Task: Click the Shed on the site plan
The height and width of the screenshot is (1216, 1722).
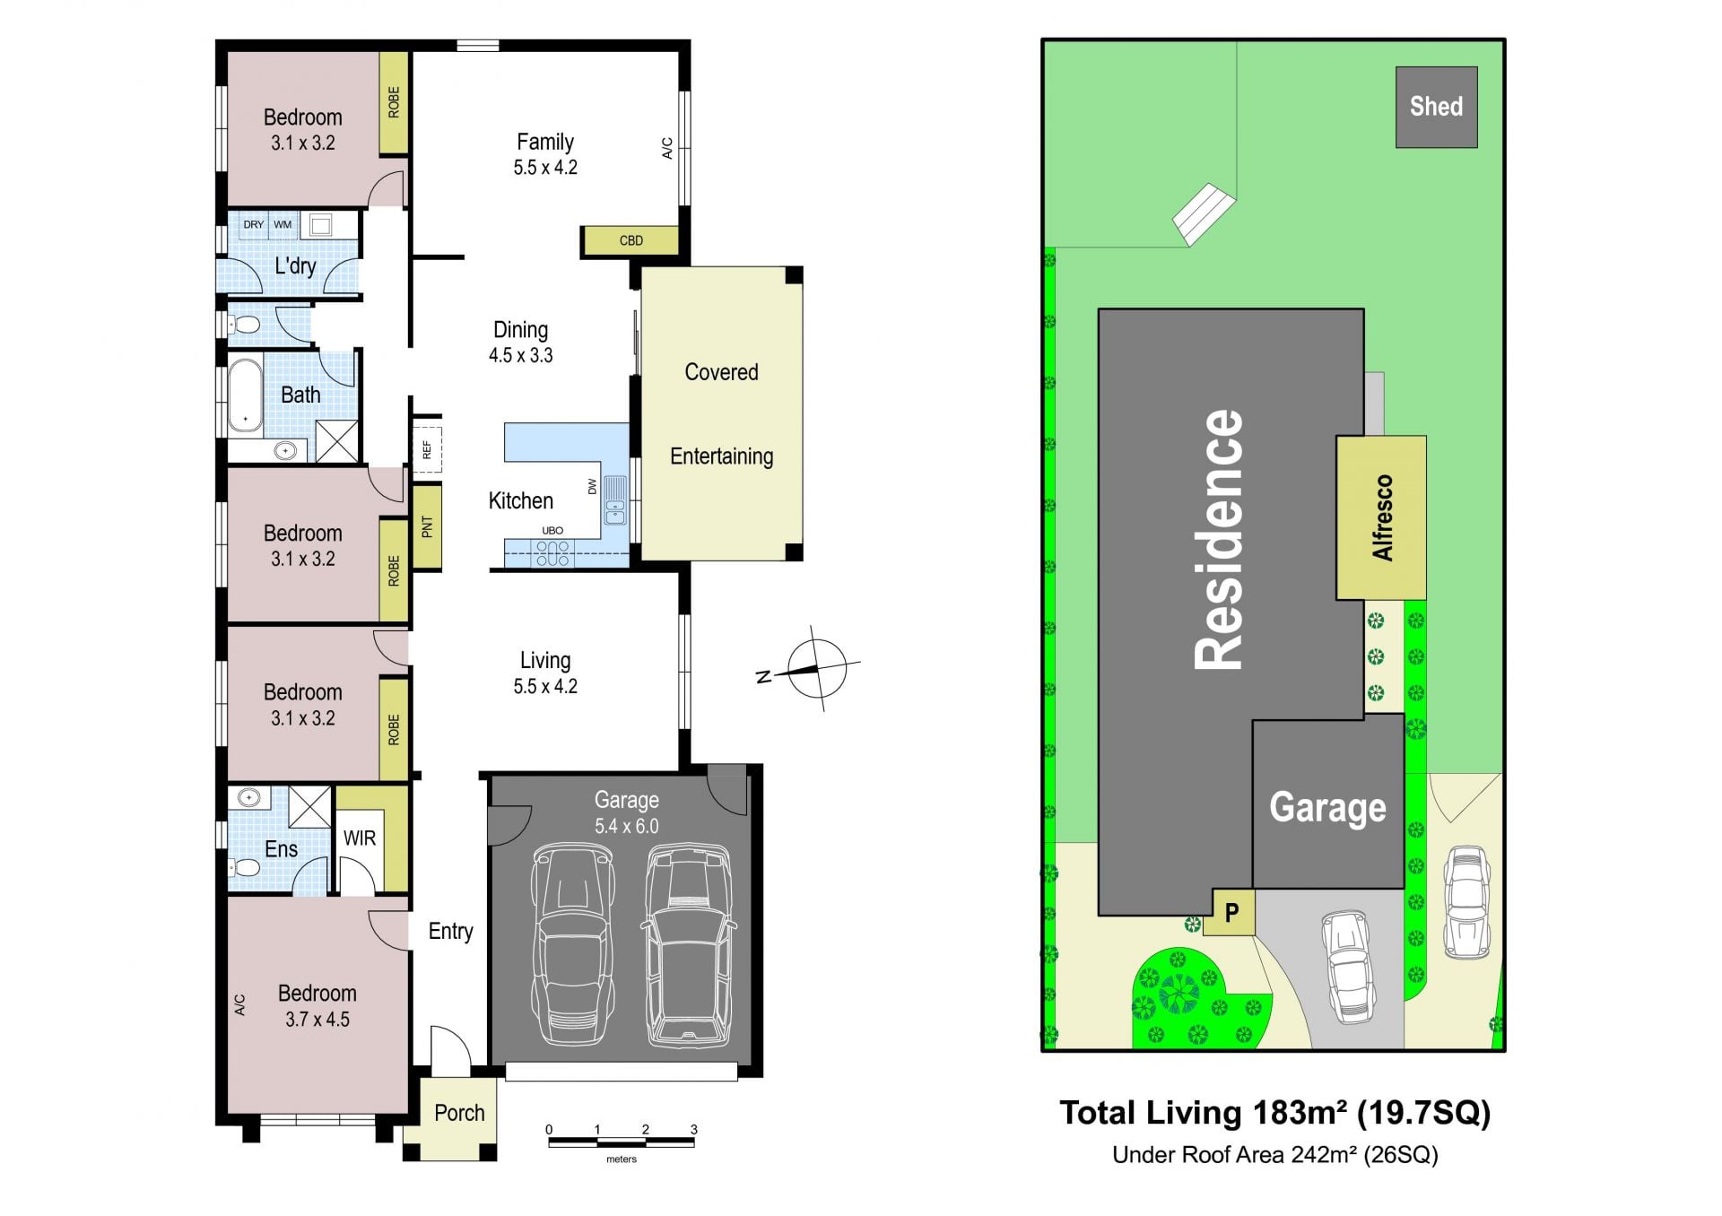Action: [1436, 107]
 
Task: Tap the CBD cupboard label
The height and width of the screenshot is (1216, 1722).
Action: [631, 240]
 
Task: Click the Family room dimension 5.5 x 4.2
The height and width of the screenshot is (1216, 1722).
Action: [545, 168]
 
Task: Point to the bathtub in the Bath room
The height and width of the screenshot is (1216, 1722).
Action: [245, 395]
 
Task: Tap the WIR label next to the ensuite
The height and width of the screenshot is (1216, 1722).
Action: [360, 838]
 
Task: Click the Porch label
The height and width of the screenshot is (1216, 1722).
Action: [459, 1113]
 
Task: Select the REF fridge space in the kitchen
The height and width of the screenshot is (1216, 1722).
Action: [427, 447]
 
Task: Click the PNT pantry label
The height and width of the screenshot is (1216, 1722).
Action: [427, 526]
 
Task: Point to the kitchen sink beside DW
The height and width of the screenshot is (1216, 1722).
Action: [615, 500]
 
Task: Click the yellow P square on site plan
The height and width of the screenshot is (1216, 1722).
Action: [1231, 913]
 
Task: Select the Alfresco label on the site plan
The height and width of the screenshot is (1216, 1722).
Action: [1382, 517]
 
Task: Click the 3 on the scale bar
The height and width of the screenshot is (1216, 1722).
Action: [694, 1129]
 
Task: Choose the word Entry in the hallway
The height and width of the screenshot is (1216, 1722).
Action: [450, 932]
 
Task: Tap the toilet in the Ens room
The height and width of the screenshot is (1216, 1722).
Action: [243, 867]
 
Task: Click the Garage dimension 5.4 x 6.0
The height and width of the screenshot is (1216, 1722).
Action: [627, 826]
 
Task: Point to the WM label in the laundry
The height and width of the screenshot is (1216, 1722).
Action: [283, 224]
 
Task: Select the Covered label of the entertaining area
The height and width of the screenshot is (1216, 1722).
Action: [721, 372]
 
